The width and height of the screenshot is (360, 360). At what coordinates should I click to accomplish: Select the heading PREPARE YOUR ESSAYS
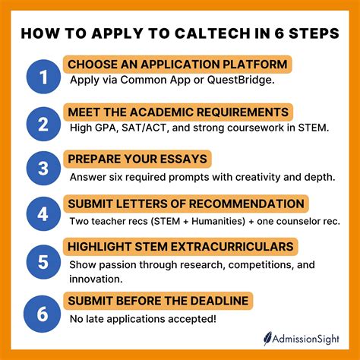coord(137,159)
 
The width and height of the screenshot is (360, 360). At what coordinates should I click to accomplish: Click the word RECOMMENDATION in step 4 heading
coord(251,204)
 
